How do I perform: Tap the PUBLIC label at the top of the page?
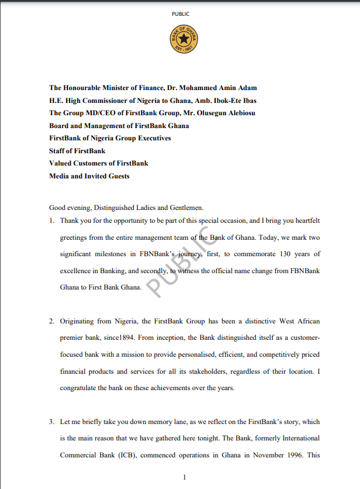point(181,13)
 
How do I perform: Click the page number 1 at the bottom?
point(185,477)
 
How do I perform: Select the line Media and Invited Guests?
point(89,175)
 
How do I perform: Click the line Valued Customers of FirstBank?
point(99,163)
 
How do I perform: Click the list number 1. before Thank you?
point(52,221)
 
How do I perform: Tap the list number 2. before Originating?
point(52,322)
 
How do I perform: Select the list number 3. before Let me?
point(52,422)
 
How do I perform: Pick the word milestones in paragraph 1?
point(124,255)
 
